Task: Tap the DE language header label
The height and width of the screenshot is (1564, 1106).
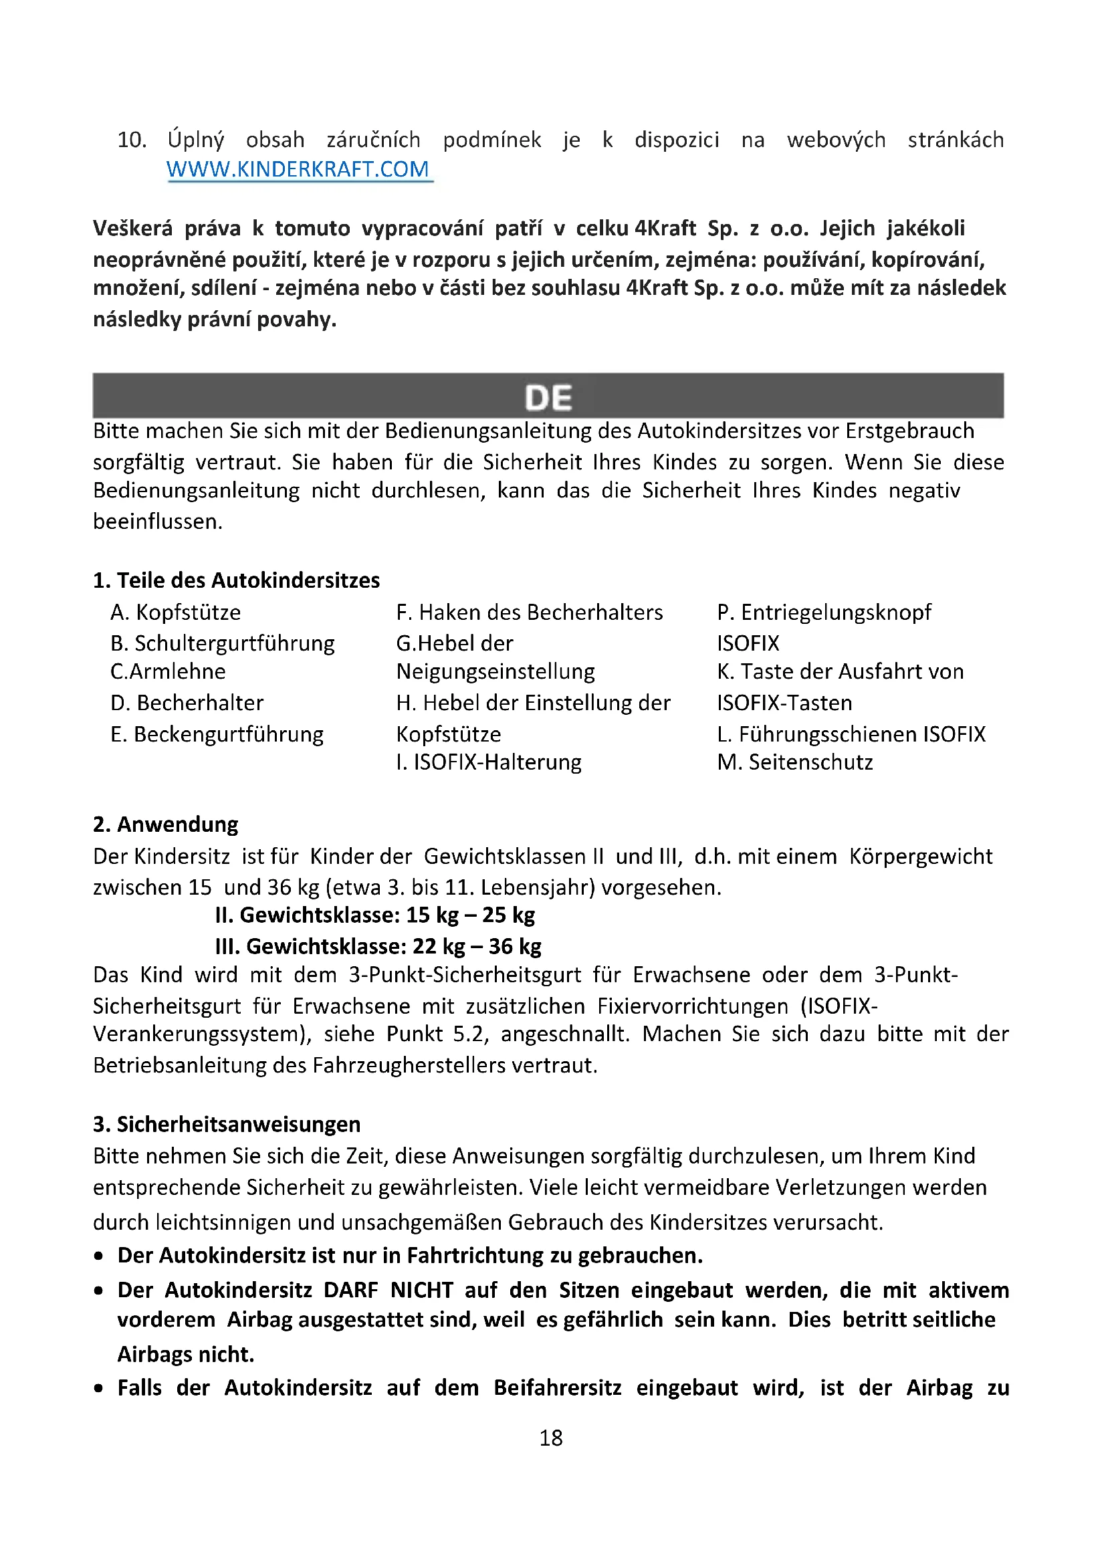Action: (x=548, y=397)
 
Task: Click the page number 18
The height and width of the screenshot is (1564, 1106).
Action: (x=551, y=1438)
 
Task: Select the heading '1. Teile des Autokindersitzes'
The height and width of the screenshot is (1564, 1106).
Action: (x=236, y=580)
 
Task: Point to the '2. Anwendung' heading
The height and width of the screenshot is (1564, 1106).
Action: (x=165, y=824)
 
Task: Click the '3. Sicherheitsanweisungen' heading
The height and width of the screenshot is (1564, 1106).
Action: (x=227, y=1124)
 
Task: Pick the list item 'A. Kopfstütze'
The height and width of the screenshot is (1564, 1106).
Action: (x=176, y=612)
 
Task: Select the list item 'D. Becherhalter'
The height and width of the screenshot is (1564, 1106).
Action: (x=187, y=702)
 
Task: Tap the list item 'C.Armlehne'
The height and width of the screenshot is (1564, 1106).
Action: (x=168, y=671)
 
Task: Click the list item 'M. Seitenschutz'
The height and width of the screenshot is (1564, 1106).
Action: (x=795, y=762)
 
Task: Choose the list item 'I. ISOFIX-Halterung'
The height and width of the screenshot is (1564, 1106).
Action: (x=489, y=762)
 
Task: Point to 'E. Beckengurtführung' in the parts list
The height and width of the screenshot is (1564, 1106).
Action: (x=217, y=734)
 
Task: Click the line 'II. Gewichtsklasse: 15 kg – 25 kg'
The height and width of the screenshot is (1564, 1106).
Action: (x=375, y=915)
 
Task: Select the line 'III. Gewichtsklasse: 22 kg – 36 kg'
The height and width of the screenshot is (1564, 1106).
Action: (x=378, y=946)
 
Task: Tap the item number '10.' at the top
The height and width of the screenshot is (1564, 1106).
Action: (x=132, y=140)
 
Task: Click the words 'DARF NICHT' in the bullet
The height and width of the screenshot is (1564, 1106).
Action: (x=389, y=1290)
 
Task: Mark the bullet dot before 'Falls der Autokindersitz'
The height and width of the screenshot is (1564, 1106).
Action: (x=100, y=1388)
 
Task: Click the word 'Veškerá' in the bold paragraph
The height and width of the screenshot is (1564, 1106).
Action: (x=133, y=228)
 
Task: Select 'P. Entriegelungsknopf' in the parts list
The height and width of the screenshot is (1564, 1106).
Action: (x=824, y=612)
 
